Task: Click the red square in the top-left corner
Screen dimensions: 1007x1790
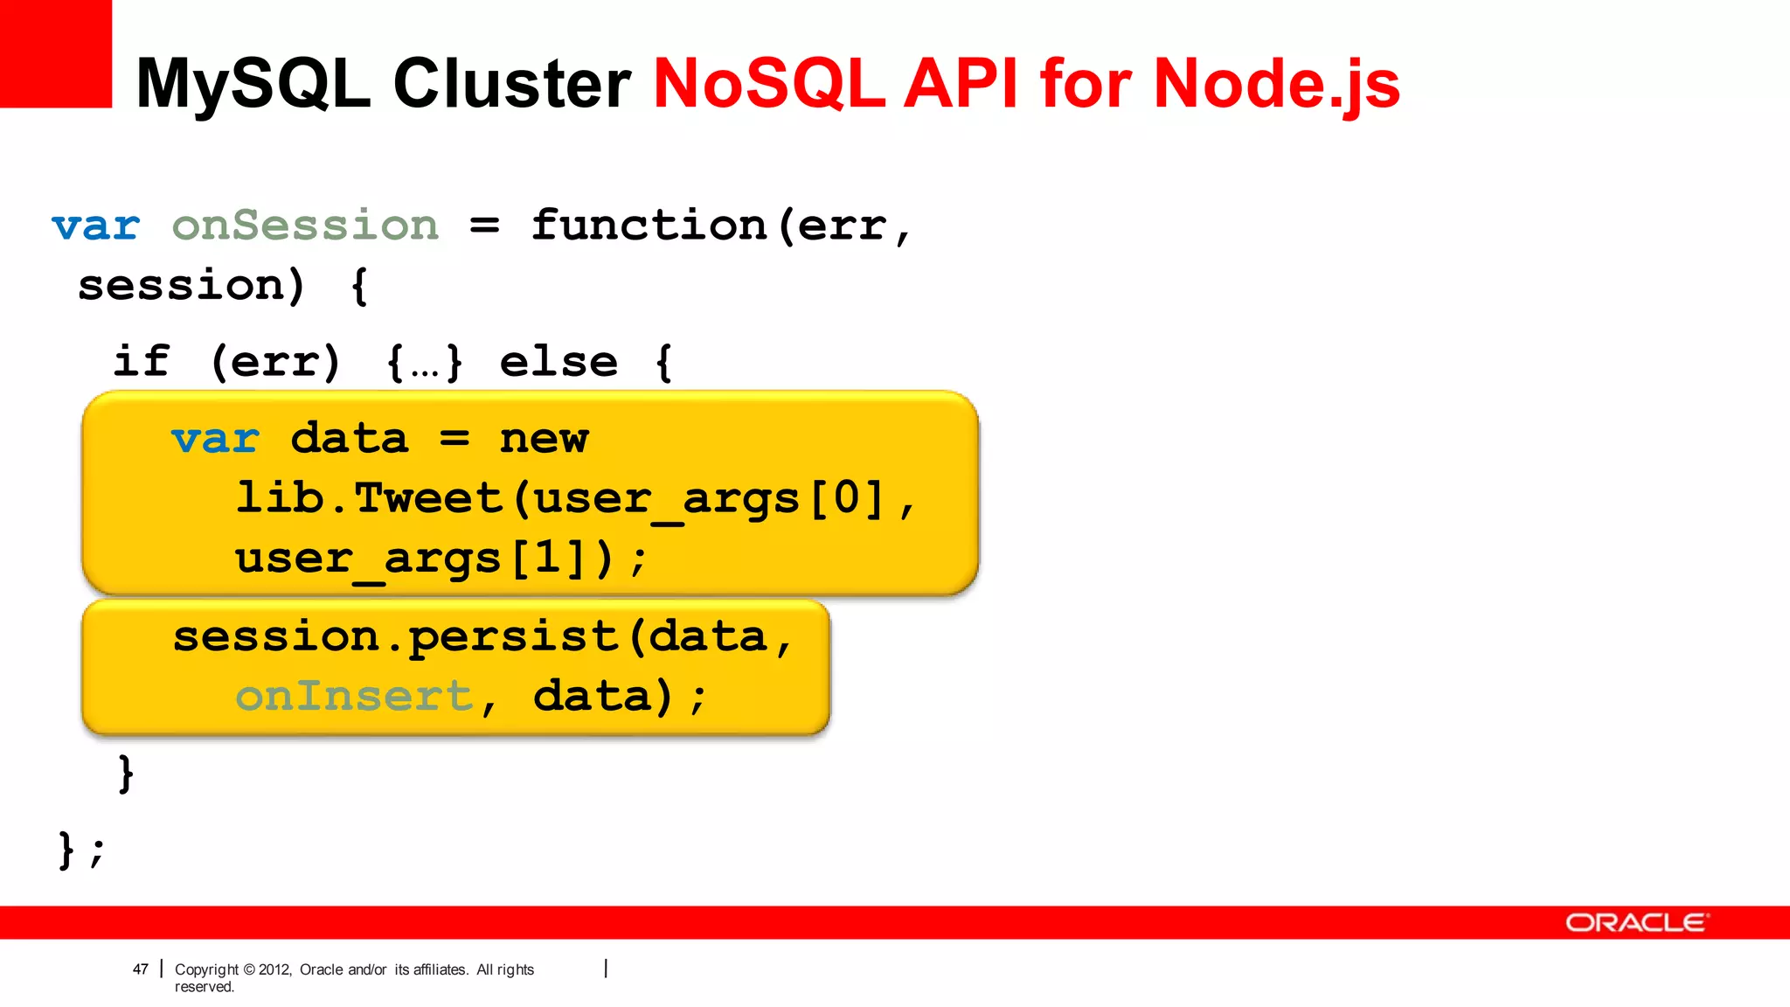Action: pyautogui.click(x=55, y=52)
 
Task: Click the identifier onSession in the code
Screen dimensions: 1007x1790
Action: pyautogui.click(x=305, y=226)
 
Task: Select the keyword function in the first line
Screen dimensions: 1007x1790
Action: pyautogui.click(x=649, y=226)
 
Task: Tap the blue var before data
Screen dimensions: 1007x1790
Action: pyautogui.click(x=215, y=439)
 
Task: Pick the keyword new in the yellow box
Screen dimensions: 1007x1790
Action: pyautogui.click(x=544, y=439)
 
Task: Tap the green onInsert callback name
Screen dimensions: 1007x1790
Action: pyautogui.click(x=354, y=697)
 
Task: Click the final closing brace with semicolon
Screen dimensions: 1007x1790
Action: pyautogui.click(x=80, y=850)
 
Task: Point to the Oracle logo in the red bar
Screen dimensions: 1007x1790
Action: pyautogui.click(x=1635, y=923)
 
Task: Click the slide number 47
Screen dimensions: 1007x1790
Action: pyautogui.click(x=140, y=969)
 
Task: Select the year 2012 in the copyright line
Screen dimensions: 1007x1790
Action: pyautogui.click(x=274, y=969)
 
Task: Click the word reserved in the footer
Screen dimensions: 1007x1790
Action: pyautogui.click(x=204, y=987)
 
